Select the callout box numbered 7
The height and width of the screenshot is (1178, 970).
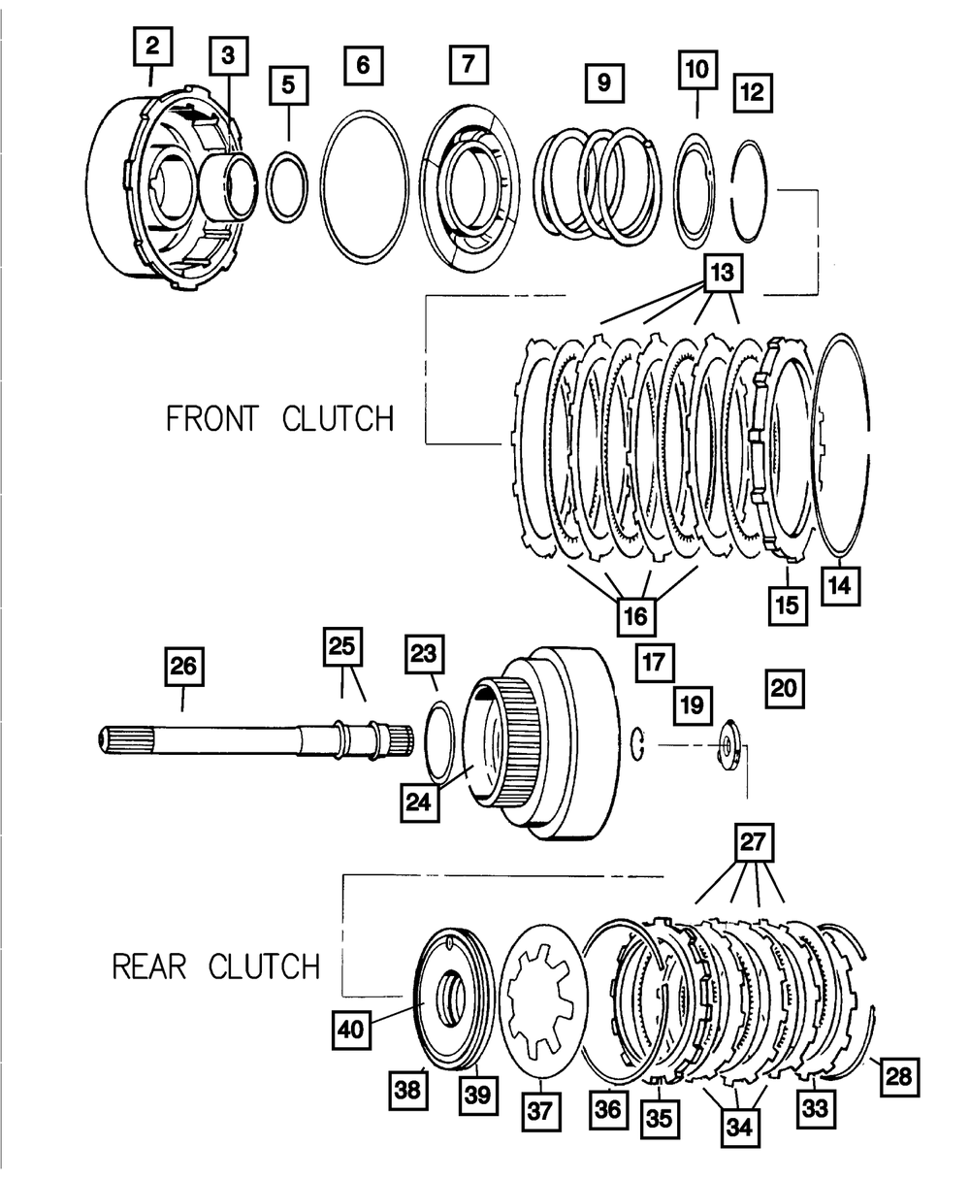click(469, 65)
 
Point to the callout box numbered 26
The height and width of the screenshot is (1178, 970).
click(183, 666)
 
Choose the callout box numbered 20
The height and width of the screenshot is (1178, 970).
click(784, 686)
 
